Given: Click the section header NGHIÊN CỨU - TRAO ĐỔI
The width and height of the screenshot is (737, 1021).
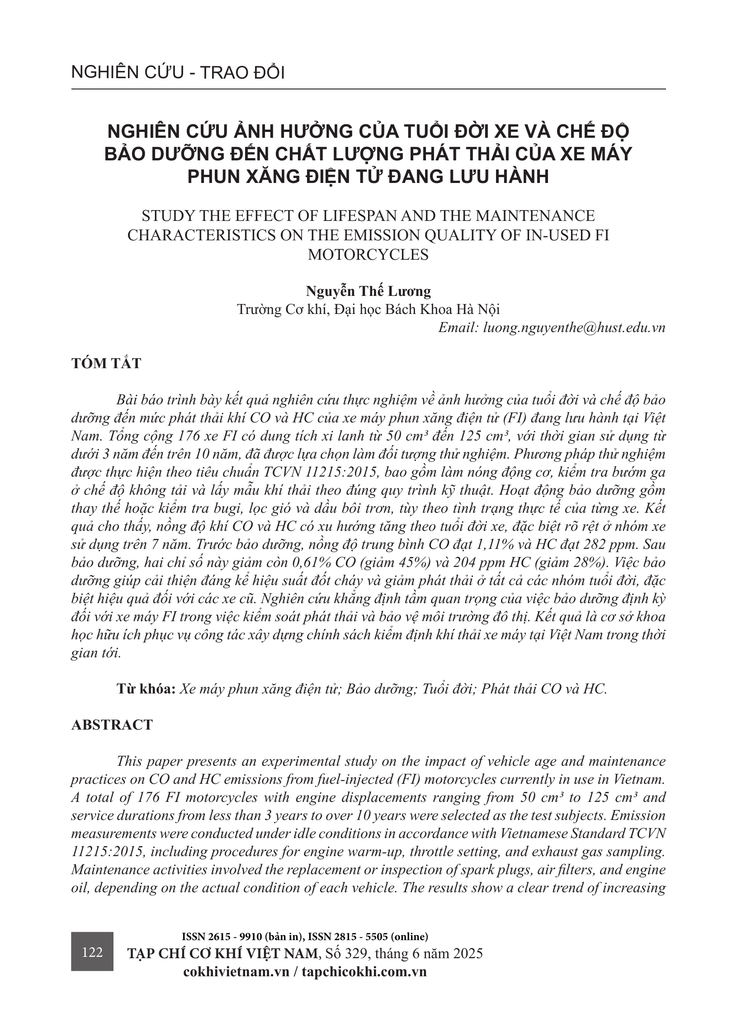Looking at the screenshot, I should point(178,73).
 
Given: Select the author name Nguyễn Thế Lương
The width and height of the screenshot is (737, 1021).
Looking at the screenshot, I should point(368,291).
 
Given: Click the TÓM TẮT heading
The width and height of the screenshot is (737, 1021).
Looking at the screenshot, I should point(106,364).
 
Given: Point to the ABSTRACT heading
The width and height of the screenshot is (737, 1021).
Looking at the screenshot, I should point(112,724).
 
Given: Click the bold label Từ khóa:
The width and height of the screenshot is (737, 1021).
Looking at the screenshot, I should point(146,688).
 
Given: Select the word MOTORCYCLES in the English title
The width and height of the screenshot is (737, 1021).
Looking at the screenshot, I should point(368,255).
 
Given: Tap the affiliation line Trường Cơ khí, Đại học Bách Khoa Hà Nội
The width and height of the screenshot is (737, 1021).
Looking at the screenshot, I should point(368,309).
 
